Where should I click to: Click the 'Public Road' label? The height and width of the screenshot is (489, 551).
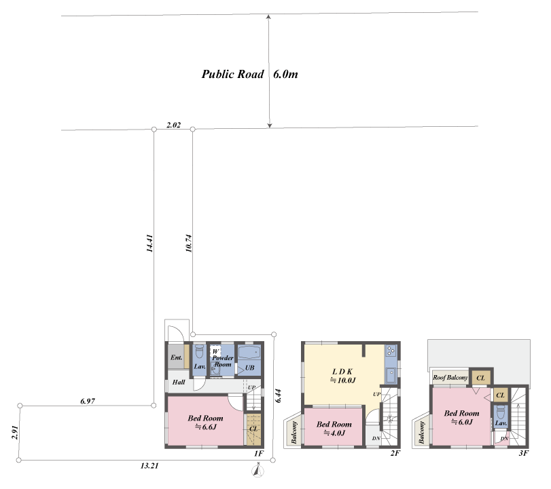click(232, 74)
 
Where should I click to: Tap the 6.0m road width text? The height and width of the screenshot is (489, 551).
click(285, 74)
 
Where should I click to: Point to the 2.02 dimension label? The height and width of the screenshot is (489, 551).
click(174, 125)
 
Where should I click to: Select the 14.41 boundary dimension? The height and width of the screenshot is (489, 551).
click(149, 243)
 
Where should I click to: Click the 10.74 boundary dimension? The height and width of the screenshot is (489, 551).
click(189, 243)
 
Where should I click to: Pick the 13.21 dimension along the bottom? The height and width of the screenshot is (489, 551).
click(149, 466)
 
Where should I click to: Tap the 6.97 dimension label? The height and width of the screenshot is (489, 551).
click(88, 401)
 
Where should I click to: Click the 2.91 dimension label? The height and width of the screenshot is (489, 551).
click(15, 433)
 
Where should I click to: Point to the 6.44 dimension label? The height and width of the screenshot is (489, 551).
click(279, 395)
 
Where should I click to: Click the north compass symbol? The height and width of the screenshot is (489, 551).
click(258, 471)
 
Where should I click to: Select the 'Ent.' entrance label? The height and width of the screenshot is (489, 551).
click(177, 357)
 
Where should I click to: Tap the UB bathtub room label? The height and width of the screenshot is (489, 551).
click(249, 368)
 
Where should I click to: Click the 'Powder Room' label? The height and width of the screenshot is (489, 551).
click(222, 361)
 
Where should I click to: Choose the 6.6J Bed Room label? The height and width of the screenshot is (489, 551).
click(206, 423)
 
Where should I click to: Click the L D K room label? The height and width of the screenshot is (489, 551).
click(342, 372)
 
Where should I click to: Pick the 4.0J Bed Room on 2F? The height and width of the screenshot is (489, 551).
click(334, 429)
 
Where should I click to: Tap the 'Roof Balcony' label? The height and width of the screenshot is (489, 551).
click(450, 378)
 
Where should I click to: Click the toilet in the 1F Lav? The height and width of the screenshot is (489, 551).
click(199, 351)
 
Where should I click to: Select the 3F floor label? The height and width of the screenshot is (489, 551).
click(523, 453)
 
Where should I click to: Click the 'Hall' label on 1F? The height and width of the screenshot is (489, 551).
click(179, 382)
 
